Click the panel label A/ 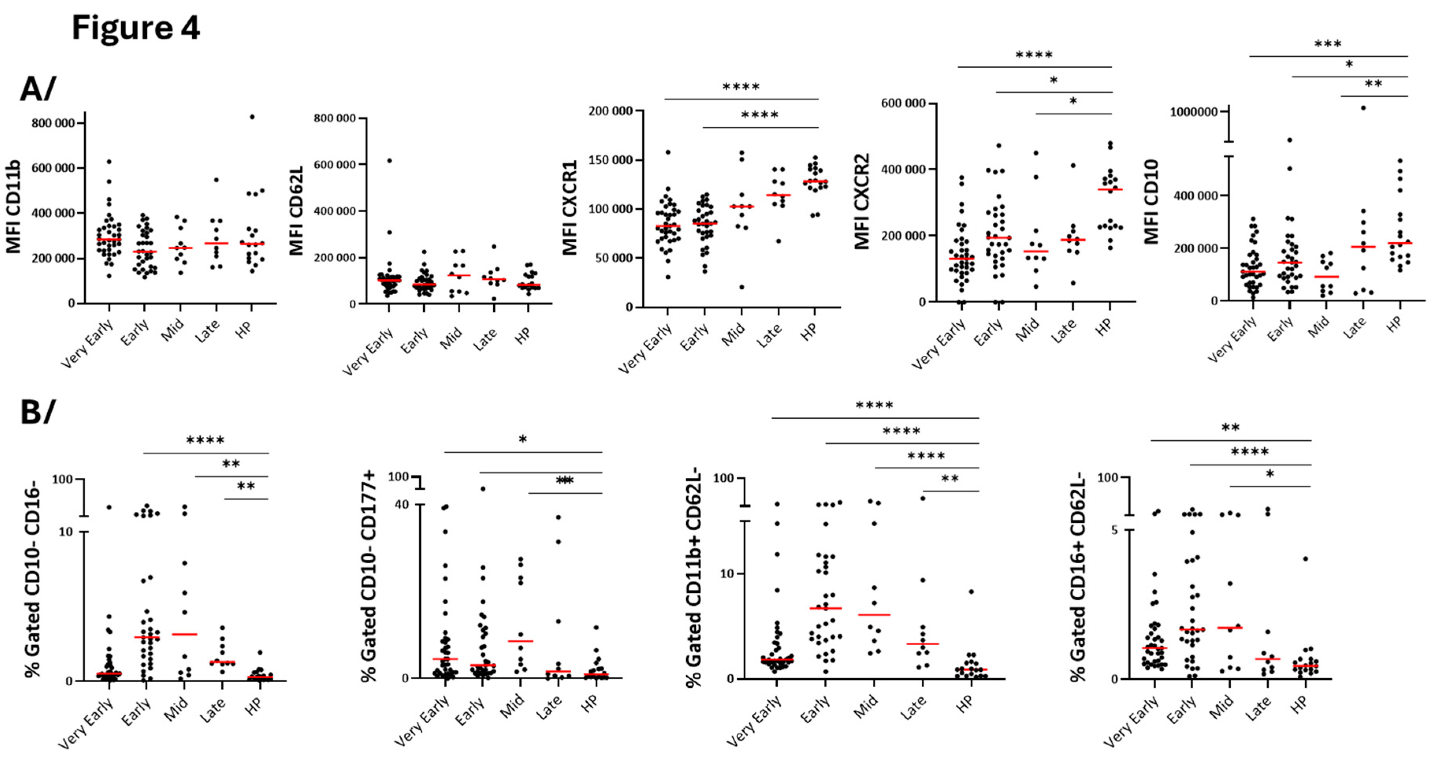38,89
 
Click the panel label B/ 38,412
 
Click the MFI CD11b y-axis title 13,207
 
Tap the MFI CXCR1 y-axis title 570,207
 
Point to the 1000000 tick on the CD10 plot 1194,112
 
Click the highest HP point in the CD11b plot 252,117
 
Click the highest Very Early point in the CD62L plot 390,161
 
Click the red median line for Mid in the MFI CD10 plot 1326,277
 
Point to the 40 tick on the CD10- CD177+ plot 401,505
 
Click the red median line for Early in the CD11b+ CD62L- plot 826,608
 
